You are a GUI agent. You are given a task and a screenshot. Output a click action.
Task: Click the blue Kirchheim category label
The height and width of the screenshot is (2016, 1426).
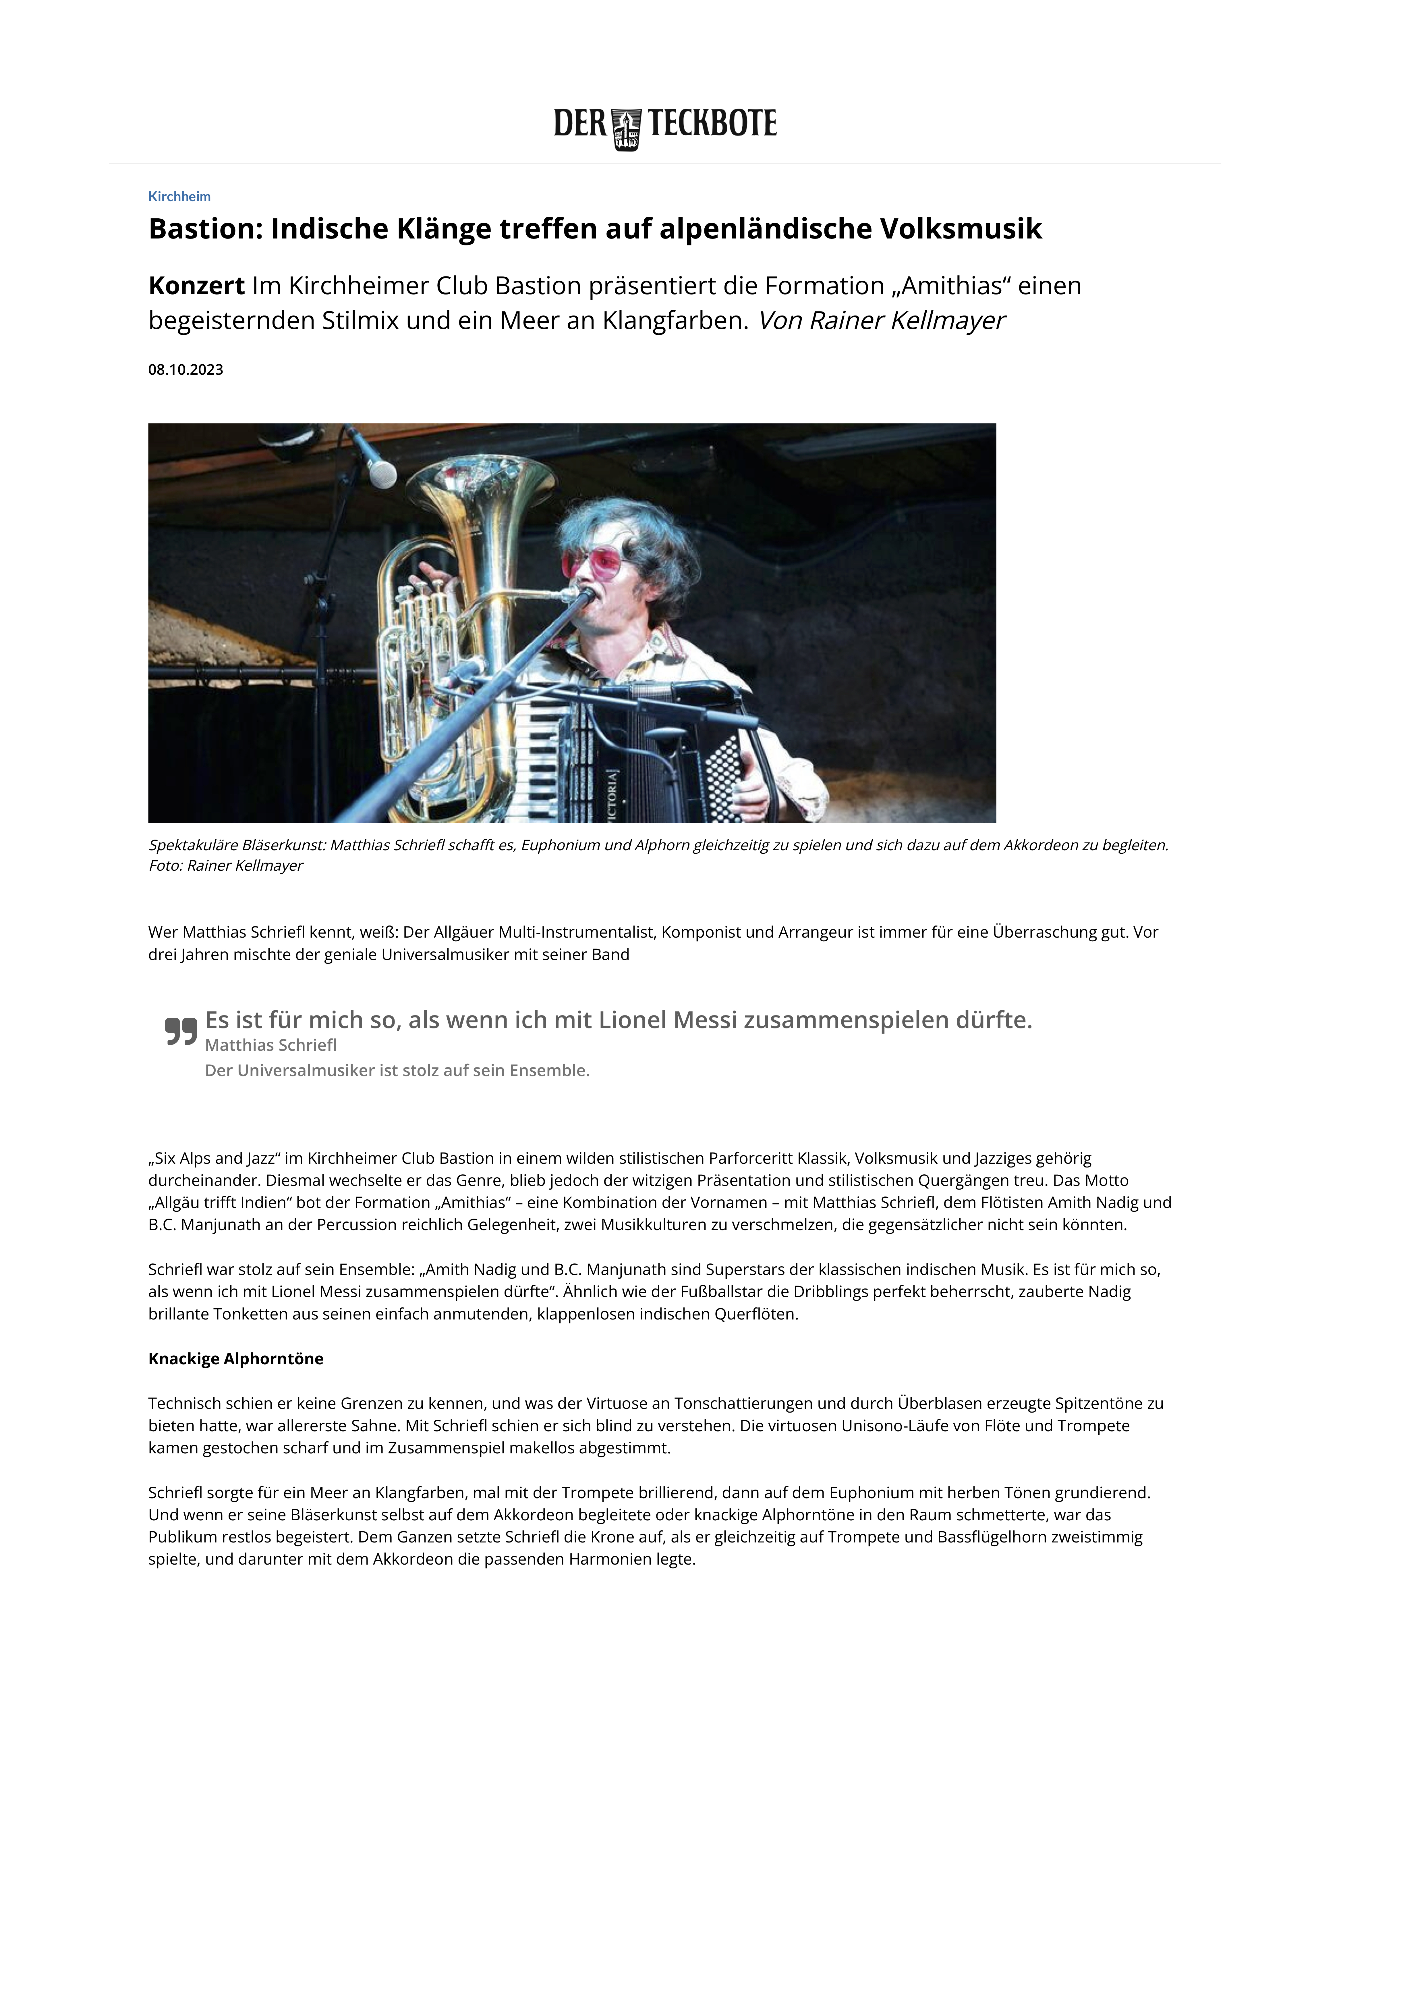(x=179, y=197)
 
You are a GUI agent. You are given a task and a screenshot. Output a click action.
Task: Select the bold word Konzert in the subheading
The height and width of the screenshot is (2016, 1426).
(x=197, y=286)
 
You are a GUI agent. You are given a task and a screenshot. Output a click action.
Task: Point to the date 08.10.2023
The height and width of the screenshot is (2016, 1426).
(x=185, y=370)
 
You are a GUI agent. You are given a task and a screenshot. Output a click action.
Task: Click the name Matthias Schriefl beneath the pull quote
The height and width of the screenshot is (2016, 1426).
(x=270, y=1045)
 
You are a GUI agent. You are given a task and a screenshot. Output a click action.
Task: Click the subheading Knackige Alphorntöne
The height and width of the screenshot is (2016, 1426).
(x=235, y=1359)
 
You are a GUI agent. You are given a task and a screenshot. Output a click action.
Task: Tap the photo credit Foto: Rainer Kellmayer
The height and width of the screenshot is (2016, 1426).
(x=226, y=866)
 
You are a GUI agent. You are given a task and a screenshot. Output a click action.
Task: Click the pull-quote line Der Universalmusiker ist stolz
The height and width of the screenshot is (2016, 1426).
(x=397, y=1071)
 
